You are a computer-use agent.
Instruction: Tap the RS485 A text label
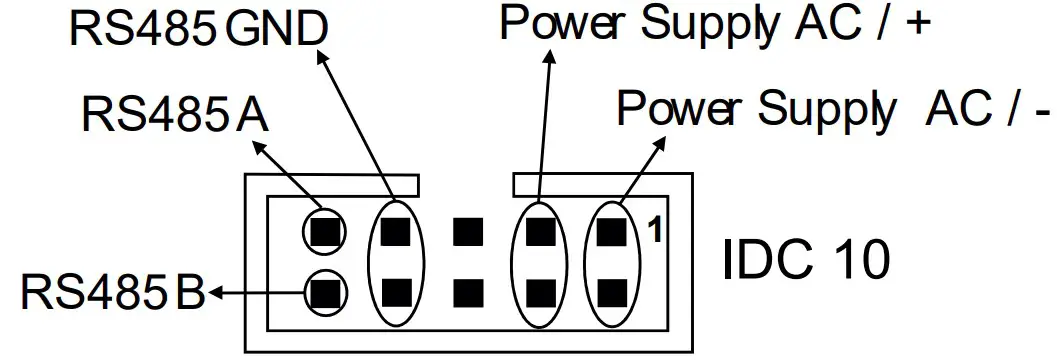173,116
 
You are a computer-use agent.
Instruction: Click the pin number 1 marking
655,230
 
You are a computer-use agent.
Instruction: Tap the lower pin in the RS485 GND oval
396,293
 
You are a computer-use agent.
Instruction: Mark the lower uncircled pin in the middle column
467,293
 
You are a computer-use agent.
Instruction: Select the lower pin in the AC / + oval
539,293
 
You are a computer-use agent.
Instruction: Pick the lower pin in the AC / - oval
611,293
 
